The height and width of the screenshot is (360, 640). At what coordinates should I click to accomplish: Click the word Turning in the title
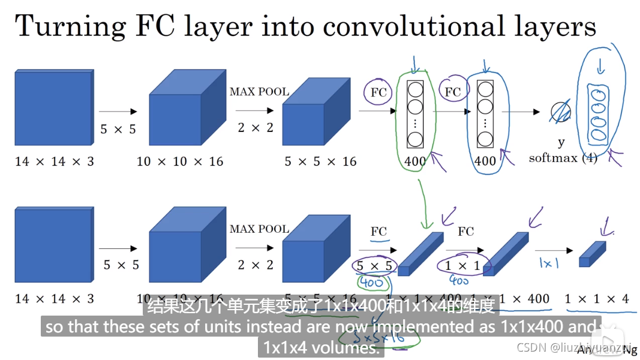[65, 27]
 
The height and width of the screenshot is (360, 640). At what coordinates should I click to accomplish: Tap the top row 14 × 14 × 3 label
[55, 161]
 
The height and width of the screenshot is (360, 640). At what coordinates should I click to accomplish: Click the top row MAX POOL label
[259, 92]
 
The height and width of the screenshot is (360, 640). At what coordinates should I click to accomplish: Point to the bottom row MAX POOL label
[259, 229]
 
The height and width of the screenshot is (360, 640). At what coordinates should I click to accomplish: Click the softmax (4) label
[563, 158]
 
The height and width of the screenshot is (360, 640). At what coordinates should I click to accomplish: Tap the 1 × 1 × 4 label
[597, 298]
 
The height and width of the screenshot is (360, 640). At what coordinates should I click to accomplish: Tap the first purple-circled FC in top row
[378, 92]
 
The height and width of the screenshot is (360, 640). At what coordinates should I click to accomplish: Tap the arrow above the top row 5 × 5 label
[118, 112]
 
